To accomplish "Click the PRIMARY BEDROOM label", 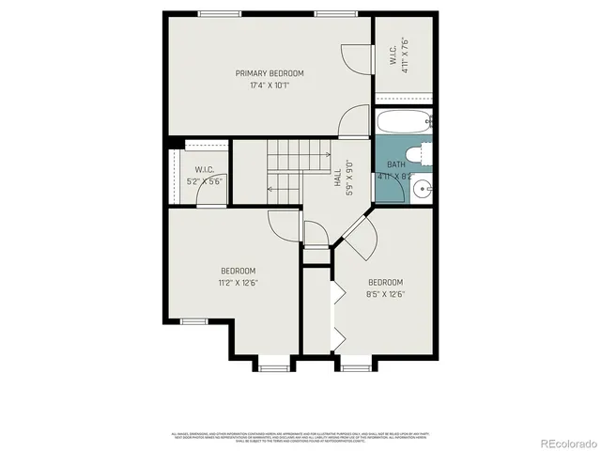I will tap(270, 73).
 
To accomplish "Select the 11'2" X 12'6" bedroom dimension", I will tap(238, 281).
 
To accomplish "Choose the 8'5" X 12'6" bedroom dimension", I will tap(385, 294).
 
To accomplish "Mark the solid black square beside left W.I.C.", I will tap(174, 143).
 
